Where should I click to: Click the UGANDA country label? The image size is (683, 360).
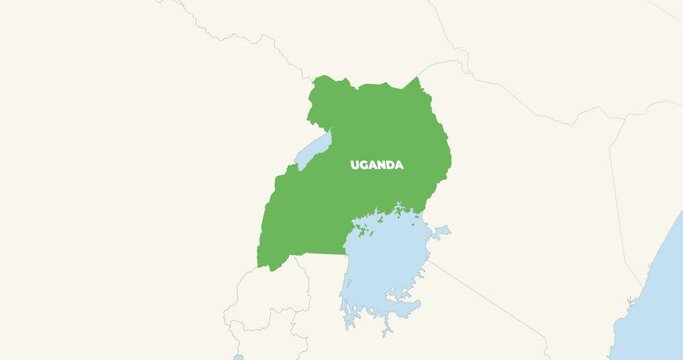pos(377,165)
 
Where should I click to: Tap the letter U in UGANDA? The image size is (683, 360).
pos(355,165)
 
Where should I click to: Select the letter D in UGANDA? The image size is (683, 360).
pos(391,165)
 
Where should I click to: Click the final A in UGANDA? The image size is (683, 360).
pos(400,165)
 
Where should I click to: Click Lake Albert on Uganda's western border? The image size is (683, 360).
pos(313,151)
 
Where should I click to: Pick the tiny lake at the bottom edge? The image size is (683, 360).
pos(238,356)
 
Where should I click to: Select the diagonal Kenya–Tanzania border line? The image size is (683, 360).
pos(490,300)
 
